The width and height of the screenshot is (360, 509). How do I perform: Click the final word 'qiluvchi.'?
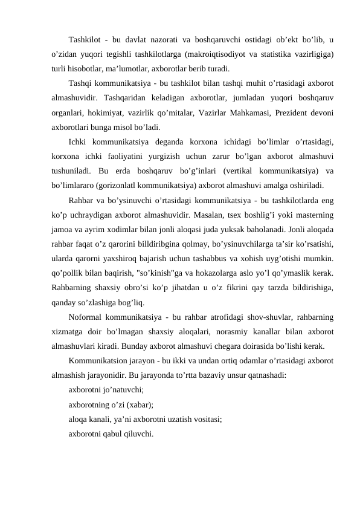137,433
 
